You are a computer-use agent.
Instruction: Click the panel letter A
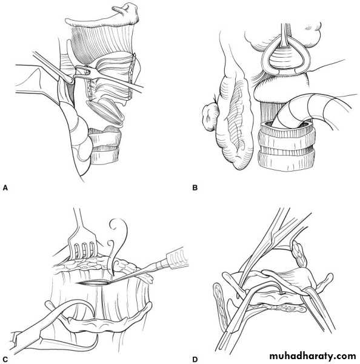(x=5, y=187)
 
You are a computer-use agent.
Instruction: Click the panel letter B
(x=195, y=187)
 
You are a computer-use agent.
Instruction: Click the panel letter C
(x=5, y=360)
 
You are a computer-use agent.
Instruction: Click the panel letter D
(x=195, y=360)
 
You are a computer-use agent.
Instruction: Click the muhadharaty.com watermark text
(x=313, y=356)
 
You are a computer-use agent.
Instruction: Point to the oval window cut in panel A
(x=105, y=112)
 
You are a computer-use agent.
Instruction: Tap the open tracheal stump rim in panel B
(x=287, y=127)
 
